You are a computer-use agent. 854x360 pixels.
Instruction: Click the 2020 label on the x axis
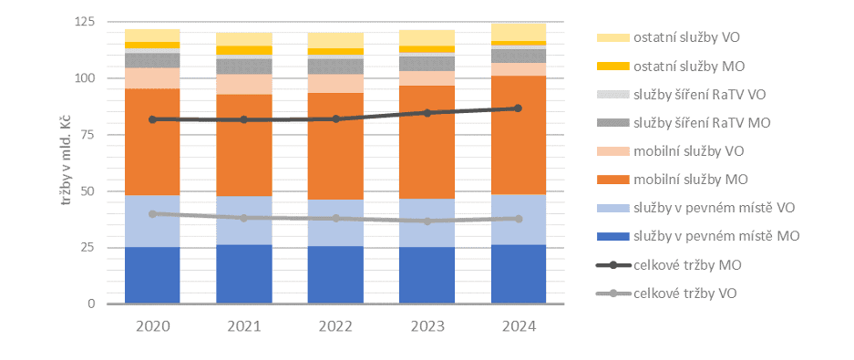point(152,326)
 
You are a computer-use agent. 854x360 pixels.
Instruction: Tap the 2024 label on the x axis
point(518,326)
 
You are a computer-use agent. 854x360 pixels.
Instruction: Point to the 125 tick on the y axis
point(84,21)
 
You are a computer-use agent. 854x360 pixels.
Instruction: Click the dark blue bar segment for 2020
point(152,275)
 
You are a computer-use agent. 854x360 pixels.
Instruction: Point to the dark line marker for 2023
point(427,113)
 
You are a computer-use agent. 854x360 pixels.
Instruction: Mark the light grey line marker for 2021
point(243,218)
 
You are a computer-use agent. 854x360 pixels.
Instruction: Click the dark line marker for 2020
point(152,119)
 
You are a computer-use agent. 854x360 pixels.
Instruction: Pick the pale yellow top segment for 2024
point(518,32)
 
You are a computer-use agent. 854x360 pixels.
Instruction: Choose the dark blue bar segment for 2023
point(427,275)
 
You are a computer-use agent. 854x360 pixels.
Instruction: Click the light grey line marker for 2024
point(518,219)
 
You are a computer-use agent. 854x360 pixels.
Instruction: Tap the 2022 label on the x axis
point(334,326)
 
